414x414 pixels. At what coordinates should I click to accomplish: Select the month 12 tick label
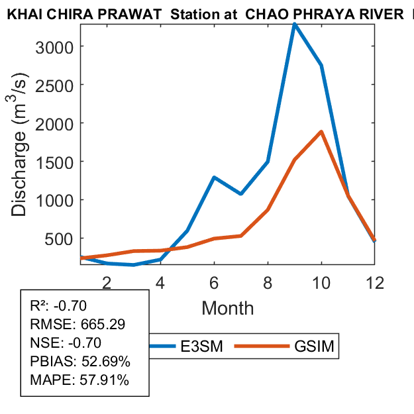[375, 283]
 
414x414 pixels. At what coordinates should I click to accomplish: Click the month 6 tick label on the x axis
[214, 283]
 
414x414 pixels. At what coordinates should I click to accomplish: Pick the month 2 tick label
[107, 283]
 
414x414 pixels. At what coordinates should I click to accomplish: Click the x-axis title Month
[227, 308]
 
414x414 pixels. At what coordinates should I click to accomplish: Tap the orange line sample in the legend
[264, 346]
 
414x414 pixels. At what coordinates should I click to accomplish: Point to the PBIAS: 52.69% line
[79, 362]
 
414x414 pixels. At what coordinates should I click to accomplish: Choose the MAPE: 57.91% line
[79, 380]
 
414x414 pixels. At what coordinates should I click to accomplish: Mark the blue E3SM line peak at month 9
[294, 25]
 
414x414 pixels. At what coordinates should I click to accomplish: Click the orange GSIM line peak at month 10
[321, 132]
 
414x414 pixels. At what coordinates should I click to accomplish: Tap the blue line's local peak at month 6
[214, 178]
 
